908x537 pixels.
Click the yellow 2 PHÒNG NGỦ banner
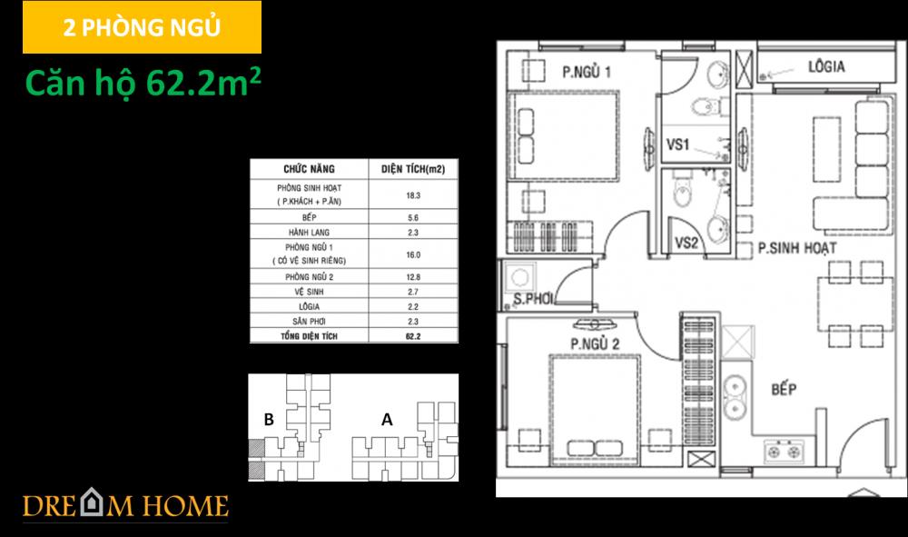tap(141, 27)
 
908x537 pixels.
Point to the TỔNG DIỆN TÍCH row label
tap(308, 335)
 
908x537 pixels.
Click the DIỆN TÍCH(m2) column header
tap(412, 168)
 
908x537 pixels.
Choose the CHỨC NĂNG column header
tap(308, 168)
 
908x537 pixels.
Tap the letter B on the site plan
tap(269, 420)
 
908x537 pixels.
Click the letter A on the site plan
tap(387, 420)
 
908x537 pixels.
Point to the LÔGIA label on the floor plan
tap(826, 66)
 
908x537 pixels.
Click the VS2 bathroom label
tap(686, 243)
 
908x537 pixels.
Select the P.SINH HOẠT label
tap(796, 247)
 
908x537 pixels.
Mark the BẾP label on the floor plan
tap(783, 390)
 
